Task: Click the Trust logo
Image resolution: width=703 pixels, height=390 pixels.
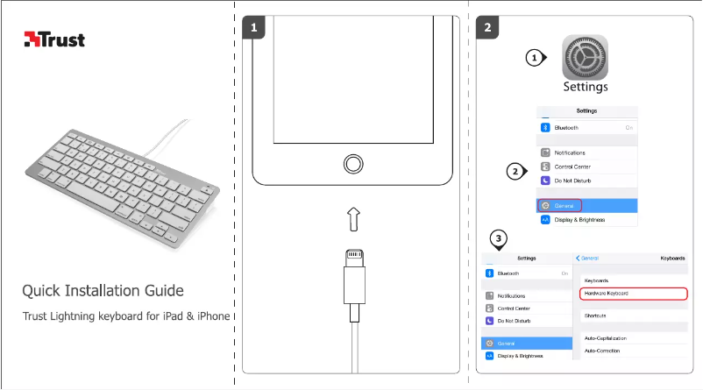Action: (54, 39)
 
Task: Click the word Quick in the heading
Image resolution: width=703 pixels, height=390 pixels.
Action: (44, 291)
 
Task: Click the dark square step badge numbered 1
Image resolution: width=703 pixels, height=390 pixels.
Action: (253, 28)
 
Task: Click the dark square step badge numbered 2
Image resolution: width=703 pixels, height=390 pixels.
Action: (488, 28)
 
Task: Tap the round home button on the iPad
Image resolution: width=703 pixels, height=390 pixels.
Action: (352, 164)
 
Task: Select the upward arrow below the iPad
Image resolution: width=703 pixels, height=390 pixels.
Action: (352, 219)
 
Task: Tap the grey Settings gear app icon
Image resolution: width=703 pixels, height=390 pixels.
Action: (585, 58)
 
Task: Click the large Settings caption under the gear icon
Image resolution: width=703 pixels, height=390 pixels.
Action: (585, 88)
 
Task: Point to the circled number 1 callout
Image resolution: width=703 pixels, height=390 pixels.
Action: (534, 58)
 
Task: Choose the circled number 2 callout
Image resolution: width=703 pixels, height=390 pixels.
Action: (517, 170)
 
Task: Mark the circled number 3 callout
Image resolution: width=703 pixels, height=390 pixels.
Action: (499, 238)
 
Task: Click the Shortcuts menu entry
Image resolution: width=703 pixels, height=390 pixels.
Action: (596, 316)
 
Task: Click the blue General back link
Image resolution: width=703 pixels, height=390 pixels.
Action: (588, 259)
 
